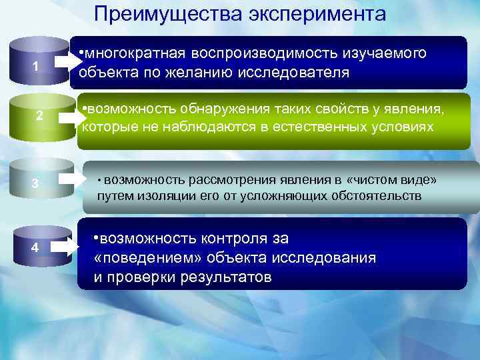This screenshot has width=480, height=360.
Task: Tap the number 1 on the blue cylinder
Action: (x=37, y=67)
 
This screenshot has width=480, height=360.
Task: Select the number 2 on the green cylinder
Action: (x=39, y=116)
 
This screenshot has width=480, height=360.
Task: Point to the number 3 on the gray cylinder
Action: (x=35, y=183)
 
